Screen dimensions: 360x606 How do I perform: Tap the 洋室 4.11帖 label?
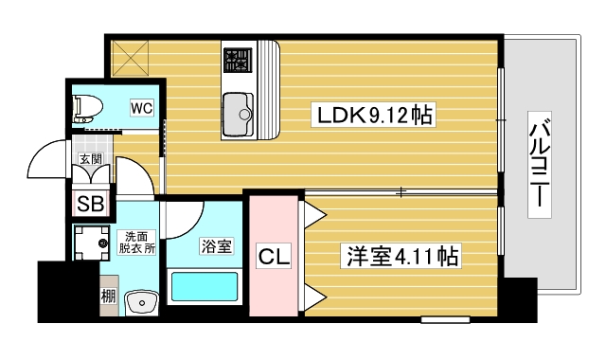(401, 255)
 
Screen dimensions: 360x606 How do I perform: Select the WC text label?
(142, 107)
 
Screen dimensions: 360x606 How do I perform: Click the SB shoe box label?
(91, 202)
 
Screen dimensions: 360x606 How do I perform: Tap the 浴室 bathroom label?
(216, 247)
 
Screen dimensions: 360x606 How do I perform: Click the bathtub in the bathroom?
(205, 286)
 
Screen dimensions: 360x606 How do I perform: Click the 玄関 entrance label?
(92, 158)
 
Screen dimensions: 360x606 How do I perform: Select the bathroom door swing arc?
(180, 223)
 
